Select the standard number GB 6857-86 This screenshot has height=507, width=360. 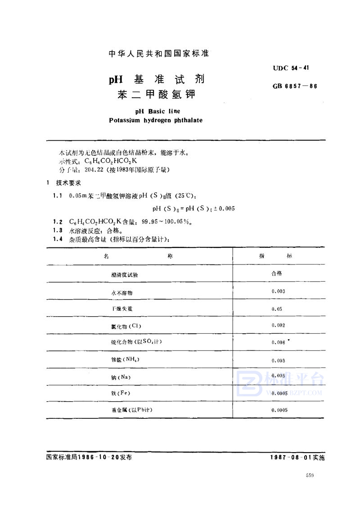pos(295,85)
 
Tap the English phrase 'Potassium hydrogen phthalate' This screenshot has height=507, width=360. pos(156,120)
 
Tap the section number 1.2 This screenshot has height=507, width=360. pos(57,222)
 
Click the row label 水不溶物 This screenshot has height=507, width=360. pos(122,292)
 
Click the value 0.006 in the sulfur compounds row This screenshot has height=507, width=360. pos(279,342)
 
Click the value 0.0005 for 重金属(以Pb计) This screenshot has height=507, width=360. pos(279,410)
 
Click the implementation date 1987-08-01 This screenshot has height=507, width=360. pos(289,456)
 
